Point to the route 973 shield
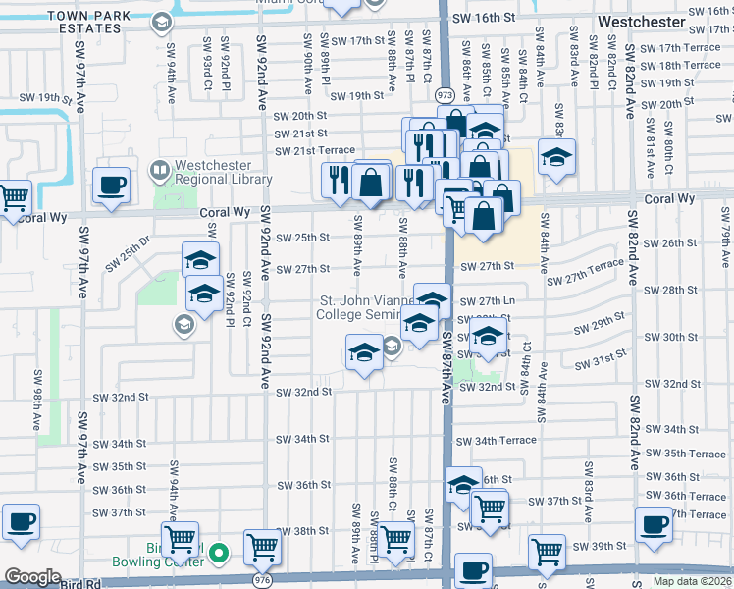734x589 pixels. coord(446,95)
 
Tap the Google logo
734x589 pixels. coord(32,577)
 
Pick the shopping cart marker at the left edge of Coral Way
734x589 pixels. coord(14,198)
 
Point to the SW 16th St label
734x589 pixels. coord(484,19)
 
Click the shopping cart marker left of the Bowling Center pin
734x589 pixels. coord(181,538)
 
